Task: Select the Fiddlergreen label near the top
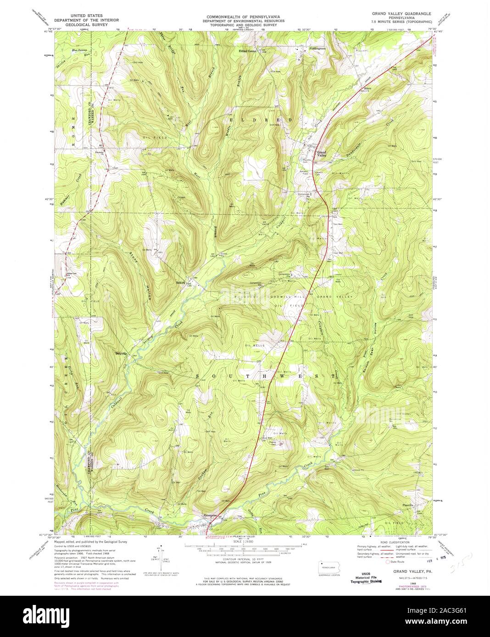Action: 317,48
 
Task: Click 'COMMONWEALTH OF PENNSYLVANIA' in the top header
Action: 245,15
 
